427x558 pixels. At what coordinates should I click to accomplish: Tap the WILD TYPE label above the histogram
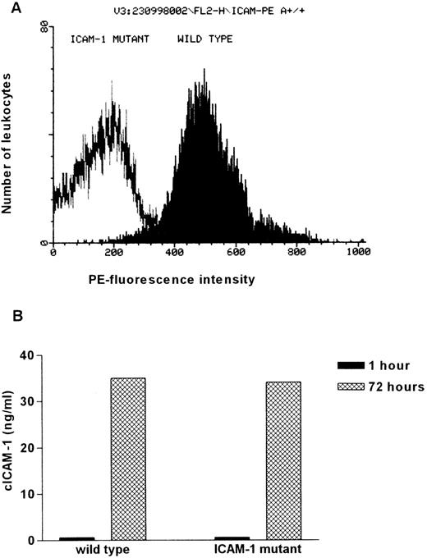tap(203, 39)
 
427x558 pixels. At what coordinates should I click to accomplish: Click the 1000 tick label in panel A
tap(358, 254)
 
